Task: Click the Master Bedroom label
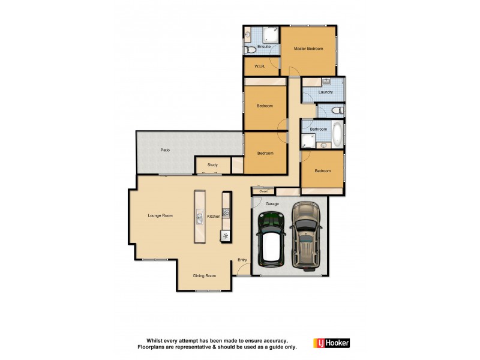[x=308, y=48]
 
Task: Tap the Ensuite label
[x=264, y=46]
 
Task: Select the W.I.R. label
[x=260, y=67]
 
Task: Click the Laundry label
[x=326, y=92]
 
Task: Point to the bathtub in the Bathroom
[x=337, y=134]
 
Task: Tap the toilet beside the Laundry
[x=337, y=110]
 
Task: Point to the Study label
[x=212, y=164]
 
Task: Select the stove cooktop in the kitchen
[x=226, y=212]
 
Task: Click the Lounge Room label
[x=161, y=215]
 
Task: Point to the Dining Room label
[x=204, y=276]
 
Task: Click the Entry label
[x=242, y=260]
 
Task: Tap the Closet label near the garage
[x=263, y=191]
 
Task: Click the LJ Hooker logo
[x=331, y=343]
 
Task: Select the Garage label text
[x=272, y=203]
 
